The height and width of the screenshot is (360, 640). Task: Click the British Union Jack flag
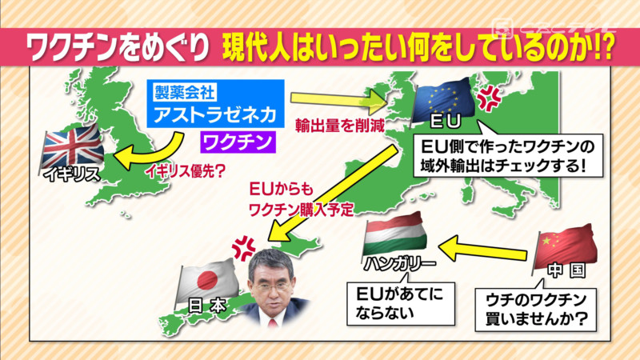point(73,146)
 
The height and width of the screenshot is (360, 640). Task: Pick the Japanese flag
point(208,281)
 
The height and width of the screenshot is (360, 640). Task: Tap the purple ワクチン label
point(238,142)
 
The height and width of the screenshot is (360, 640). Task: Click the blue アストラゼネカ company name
point(215,114)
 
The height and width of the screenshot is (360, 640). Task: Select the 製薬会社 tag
point(185,92)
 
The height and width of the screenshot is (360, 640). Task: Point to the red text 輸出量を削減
point(340,126)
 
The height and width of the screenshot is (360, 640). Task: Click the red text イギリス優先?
point(186,171)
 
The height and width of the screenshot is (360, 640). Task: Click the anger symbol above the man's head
point(244,248)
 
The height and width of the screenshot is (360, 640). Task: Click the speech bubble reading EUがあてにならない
point(401,302)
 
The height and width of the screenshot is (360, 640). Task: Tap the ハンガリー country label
point(399,264)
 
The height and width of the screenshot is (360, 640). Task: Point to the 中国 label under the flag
point(567,270)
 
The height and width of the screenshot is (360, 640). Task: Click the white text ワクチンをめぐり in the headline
point(118,47)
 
